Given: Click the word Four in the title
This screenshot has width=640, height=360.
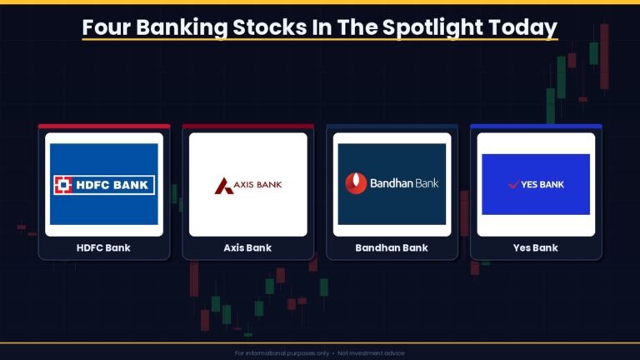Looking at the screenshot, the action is tap(106, 27).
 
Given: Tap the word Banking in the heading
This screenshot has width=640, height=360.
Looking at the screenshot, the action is tap(182, 28).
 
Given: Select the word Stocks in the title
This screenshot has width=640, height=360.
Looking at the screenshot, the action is tap(269, 27).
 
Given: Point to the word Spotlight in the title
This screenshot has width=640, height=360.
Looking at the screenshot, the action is tap(432, 28).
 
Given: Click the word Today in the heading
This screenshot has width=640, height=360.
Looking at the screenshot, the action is tap(522, 28).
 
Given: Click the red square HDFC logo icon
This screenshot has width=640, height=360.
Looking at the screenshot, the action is tap(63, 185).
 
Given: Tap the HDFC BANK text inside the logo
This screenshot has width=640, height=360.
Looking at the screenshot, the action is tap(112, 185).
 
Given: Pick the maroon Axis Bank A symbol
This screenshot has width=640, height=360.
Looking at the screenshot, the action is tap(223, 186).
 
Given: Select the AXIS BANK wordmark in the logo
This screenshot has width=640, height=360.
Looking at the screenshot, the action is tap(257, 185).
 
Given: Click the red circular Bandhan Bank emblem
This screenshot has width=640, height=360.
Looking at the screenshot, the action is tap(356, 183).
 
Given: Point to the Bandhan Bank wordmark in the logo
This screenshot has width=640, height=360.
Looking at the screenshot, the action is tap(404, 183).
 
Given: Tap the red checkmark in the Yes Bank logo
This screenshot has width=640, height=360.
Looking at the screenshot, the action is tap(513, 184).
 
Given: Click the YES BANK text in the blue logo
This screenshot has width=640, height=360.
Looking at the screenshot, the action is tap(542, 184).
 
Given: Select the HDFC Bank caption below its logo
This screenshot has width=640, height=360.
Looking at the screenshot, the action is tap(103, 247).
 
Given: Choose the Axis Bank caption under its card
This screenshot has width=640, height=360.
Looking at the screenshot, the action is tap(247, 247).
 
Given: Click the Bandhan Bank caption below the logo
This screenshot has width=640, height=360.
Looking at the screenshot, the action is tap(392, 247).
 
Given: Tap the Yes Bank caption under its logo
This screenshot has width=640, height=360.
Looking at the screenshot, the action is tap(536, 247).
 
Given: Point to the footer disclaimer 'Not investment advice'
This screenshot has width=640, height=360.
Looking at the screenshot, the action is tap(371, 353).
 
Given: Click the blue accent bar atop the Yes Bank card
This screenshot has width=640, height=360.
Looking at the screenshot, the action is tap(536, 127).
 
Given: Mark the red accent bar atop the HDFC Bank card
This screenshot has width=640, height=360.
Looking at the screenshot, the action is tap(104, 127).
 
